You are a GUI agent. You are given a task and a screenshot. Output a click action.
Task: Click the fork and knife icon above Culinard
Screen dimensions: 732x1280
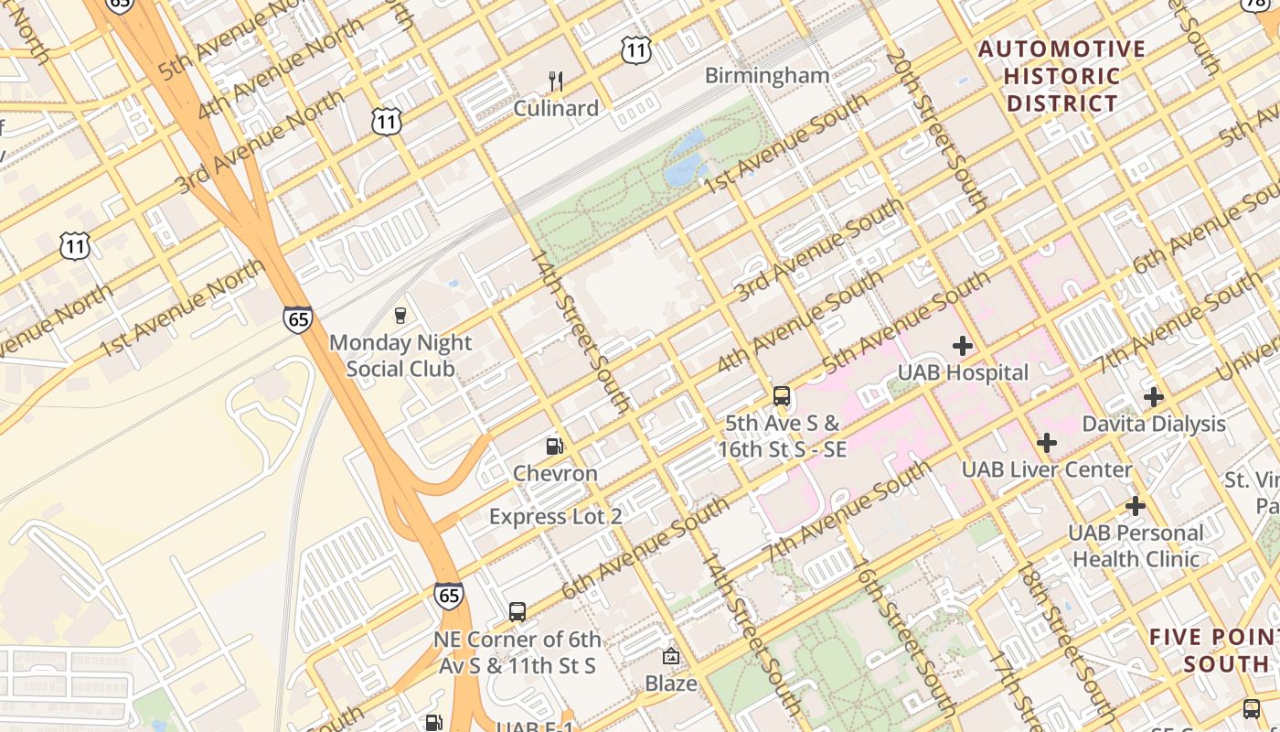click(x=556, y=81)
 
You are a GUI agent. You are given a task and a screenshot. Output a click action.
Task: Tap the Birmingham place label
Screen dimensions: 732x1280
click(x=767, y=76)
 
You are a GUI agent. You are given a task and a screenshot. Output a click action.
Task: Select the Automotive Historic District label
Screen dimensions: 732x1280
click(x=1061, y=76)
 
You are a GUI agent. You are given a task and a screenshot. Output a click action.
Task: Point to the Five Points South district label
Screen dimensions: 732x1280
click(x=1214, y=651)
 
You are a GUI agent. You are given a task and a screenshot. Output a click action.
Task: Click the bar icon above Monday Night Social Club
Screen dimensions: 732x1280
click(x=400, y=316)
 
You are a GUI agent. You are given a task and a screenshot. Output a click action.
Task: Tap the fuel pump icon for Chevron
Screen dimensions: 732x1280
click(x=554, y=447)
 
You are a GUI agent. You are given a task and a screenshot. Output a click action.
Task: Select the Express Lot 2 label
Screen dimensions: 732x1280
click(x=555, y=516)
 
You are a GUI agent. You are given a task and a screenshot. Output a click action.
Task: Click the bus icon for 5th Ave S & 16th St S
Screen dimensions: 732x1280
click(x=782, y=396)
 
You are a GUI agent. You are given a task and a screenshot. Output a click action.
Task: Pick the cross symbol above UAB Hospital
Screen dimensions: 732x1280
click(x=962, y=346)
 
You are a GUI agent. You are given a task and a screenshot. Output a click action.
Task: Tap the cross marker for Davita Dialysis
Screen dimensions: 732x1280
click(x=1154, y=397)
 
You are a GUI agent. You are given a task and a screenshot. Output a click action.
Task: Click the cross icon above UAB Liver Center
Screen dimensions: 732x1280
click(x=1047, y=443)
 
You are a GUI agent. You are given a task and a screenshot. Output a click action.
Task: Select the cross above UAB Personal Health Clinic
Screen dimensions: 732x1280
click(x=1136, y=506)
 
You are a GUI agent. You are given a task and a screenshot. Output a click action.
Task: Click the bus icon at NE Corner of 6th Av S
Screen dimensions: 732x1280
click(x=517, y=612)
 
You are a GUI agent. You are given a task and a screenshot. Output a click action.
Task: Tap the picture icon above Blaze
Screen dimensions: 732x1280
click(x=671, y=656)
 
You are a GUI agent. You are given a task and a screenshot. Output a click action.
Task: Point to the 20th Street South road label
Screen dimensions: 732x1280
click(x=936, y=131)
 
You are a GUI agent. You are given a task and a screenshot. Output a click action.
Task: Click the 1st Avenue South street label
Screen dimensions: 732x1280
click(x=785, y=144)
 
